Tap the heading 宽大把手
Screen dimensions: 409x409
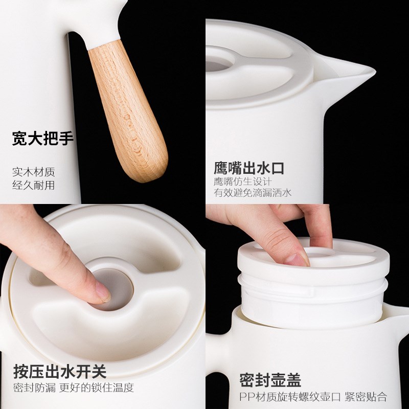(x=43, y=138)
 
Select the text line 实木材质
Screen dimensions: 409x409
(x=33, y=172)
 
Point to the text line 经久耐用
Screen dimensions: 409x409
(x=33, y=185)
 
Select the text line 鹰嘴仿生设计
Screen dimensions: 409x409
(x=243, y=181)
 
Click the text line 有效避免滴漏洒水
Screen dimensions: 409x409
(x=253, y=193)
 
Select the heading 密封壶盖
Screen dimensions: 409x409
(x=270, y=380)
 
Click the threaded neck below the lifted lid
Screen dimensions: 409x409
(x=312, y=302)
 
